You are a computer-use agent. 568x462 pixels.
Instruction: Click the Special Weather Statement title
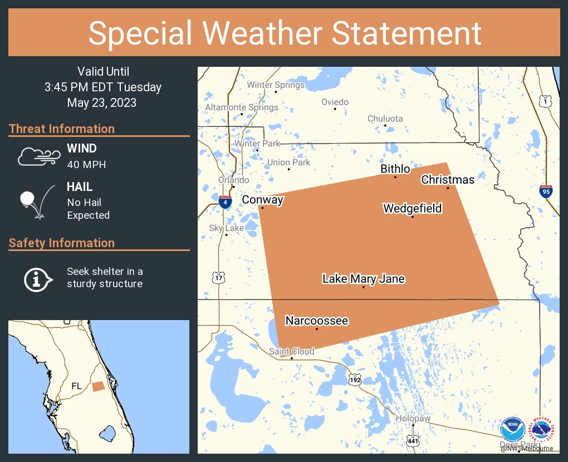point(284,33)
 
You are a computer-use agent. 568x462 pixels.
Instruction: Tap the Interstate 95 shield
point(546,192)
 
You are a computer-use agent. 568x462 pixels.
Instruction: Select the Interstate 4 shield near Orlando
point(225,202)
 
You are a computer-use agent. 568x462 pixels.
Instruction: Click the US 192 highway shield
point(355,380)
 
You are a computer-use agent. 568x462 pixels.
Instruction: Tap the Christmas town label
point(448,179)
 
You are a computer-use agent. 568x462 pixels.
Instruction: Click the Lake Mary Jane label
point(363,279)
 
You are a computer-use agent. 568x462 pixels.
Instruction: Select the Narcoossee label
point(316,321)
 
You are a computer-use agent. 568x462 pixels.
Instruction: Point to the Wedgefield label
point(412,208)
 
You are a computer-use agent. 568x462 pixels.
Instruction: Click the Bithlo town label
point(395,169)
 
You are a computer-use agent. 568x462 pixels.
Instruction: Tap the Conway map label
point(262,200)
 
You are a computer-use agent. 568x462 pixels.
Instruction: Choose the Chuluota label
point(385,119)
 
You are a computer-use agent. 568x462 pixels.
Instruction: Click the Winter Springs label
point(276,85)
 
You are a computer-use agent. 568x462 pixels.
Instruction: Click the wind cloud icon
point(38,156)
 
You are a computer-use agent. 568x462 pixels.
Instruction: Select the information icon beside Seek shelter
point(37,278)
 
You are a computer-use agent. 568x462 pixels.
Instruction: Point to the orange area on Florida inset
point(98,386)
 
